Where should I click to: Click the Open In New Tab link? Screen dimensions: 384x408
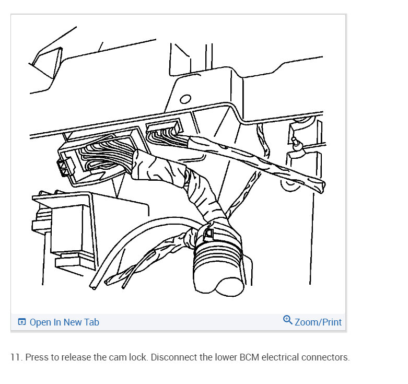tap(64, 322)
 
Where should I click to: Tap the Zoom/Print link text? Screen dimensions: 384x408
tap(318, 322)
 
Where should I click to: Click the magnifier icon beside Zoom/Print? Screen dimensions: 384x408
tap(287, 320)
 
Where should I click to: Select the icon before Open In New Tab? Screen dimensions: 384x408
tap(21, 322)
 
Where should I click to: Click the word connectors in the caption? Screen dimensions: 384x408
tap(327, 358)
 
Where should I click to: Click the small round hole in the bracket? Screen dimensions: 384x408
tap(185, 99)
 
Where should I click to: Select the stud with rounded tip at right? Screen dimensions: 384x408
tap(297, 144)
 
